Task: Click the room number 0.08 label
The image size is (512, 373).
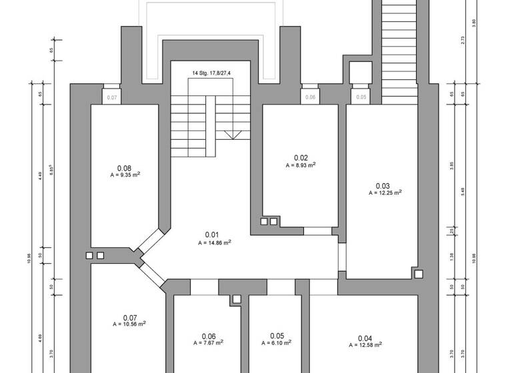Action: pos(124,168)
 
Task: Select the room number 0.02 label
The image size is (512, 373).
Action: pos(301,157)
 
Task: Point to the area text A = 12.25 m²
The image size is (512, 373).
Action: pos(385,193)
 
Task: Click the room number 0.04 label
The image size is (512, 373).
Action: pos(365,337)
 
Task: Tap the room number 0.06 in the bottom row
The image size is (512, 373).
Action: pos(209,336)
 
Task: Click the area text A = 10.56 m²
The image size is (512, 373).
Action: pos(129,324)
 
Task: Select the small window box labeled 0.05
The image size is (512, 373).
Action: pos(361,97)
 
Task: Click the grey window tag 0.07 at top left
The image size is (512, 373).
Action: pos(112,97)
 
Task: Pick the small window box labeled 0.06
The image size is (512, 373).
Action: pos(310,97)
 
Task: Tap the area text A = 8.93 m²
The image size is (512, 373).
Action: pos(301,165)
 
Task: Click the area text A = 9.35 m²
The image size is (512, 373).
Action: pos(125,175)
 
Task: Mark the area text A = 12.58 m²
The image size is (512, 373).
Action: pos(365,345)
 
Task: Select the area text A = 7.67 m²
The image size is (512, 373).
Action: pos(209,343)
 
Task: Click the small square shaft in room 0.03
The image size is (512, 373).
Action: pos(418,273)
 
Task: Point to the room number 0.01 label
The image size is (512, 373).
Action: pos(212,234)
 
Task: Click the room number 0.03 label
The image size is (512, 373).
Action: pos(383,185)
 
